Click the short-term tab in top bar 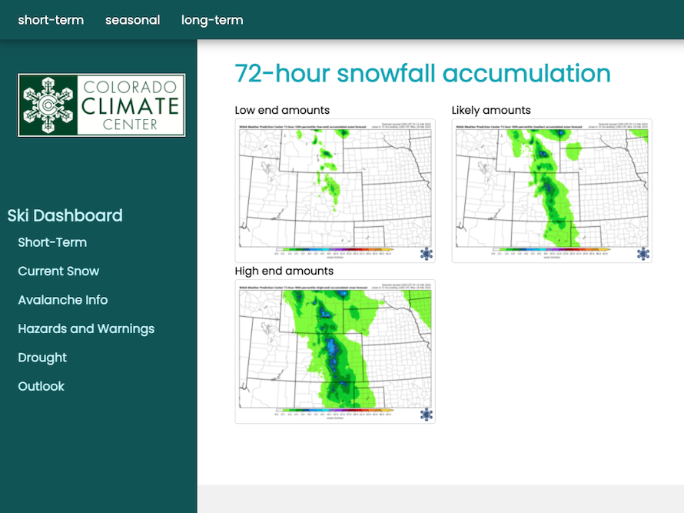pos(51,20)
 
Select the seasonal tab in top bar pos(132,20)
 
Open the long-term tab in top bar pos(212,20)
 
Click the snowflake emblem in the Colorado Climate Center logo pos(48,105)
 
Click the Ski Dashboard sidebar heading pos(65,215)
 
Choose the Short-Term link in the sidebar pos(52,242)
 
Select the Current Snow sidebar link pos(58,271)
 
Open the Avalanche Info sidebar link pos(62,300)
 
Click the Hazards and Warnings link pos(86,328)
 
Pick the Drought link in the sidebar pos(42,358)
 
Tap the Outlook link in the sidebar pos(41,386)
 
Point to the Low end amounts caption pos(282,110)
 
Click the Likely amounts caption pos(491,110)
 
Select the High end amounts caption pos(284,271)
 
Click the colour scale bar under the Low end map pos(334,249)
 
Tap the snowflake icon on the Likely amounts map pos(642,253)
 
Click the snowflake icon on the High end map pos(426,414)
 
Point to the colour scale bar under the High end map pos(334,410)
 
